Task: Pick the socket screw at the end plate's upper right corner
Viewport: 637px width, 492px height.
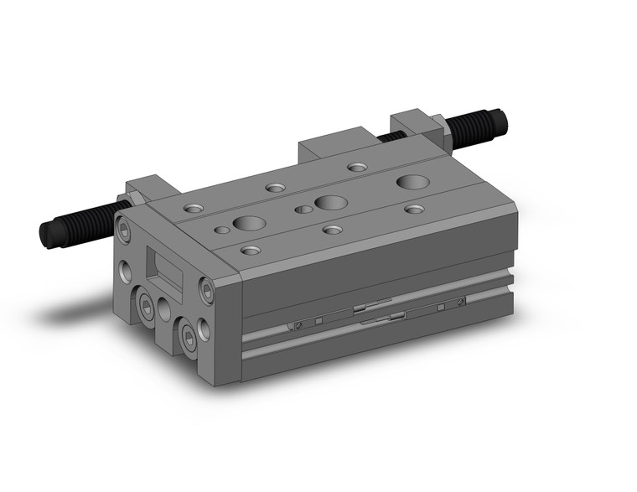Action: [x=207, y=290]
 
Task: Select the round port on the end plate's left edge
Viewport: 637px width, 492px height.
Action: [x=126, y=271]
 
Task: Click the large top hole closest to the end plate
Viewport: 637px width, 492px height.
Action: [x=248, y=223]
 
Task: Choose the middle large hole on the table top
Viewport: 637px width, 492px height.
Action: [x=329, y=201]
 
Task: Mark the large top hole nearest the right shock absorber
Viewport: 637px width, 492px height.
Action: [x=411, y=181]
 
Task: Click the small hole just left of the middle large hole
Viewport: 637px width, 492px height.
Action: [x=303, y=209]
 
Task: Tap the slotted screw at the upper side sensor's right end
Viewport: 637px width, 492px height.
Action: [x=461, y=302]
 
